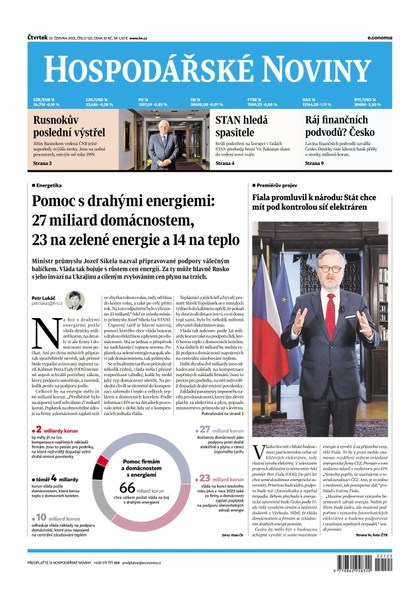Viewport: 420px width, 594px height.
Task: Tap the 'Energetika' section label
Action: click(51, 185)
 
